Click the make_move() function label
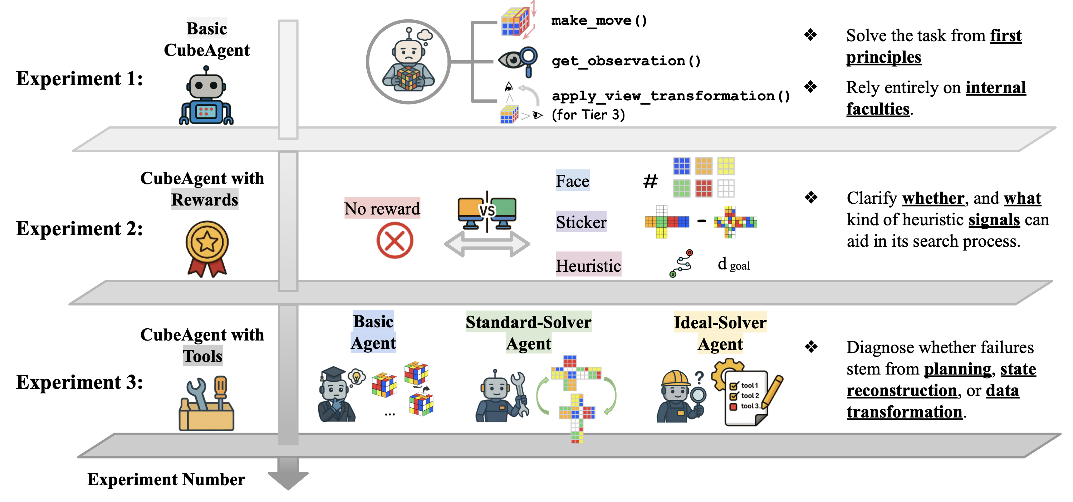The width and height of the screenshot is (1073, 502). pyautogui.click(x=599, y=20)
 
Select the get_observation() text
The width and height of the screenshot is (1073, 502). pyautogui.click(x=626, y=61)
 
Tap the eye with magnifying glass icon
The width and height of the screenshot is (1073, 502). pyautogui.click(x=518, y=61)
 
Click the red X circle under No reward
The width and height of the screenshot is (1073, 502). pyautogui.click(x=395, y=240)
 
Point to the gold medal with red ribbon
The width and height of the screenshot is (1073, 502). pyautogui.click(x=207, y=248)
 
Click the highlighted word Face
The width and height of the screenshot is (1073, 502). pyautogui.click(x=572, y=181)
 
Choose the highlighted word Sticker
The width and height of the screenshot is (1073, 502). pyautogui.click(x=581, y=222)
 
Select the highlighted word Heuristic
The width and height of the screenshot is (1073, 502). pyautogui.click(x=588, y=265)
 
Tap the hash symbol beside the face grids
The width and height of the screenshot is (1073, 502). pyautogui.click(x=650, y=181)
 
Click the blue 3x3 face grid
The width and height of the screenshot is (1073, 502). pyautogui.click(x=681, y=166)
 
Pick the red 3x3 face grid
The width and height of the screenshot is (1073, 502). pyautogui.click(x=704, y=188)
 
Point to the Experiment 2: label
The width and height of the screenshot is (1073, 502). pyautogui.click(x=79, y=228)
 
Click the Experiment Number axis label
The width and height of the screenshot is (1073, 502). pyautogui.click(x=166, y=479)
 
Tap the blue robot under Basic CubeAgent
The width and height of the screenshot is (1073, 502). pyautogui.click(x=206, y=97)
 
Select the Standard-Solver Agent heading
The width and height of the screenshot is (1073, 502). pyautogui.click(x=529, y=332)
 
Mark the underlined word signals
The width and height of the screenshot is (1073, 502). pyautogui.click(x=994, y=220)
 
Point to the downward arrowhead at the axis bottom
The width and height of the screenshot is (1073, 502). pyautogui.click(x=288, y=479)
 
